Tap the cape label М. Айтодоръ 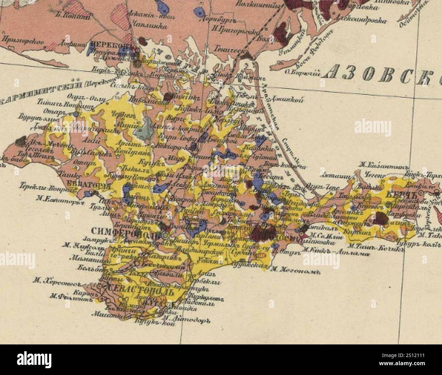pos(187,319)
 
